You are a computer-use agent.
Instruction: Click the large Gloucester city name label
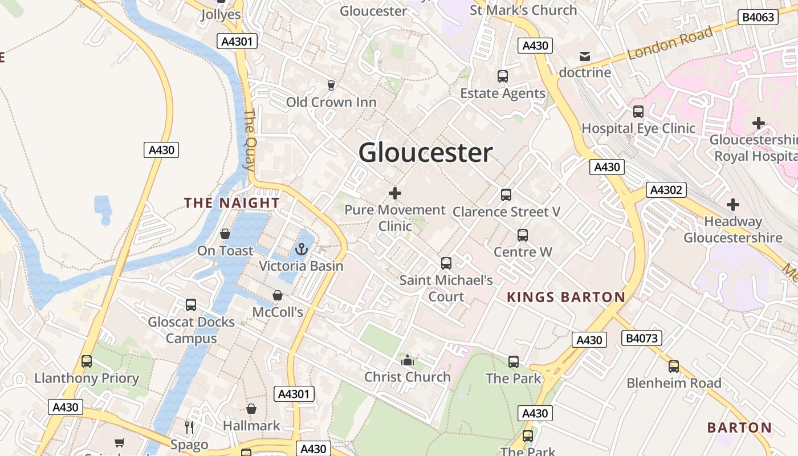425,153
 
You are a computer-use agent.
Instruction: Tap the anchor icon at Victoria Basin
302,249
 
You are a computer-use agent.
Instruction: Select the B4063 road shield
759,17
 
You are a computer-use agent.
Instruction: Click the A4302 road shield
666,190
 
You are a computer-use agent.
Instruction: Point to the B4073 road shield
642,338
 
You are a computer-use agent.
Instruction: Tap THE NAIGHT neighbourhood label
231,203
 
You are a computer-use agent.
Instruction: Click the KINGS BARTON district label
566,297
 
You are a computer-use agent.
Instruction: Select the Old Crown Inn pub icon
331,85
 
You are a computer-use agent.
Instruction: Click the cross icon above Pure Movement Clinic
394,193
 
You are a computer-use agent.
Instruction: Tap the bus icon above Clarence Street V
506,195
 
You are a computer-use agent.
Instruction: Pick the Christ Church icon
407,360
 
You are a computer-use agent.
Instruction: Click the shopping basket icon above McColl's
278,295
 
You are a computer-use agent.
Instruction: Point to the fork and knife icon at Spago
189,427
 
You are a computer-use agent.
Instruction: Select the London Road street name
670,44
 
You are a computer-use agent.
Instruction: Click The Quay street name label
250,140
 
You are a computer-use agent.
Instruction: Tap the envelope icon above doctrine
585,56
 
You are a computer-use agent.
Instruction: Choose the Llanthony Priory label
87,378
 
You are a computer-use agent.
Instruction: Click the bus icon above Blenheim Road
674,367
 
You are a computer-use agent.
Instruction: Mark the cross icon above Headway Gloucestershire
733,205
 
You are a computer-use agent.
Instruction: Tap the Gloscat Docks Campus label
191,330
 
